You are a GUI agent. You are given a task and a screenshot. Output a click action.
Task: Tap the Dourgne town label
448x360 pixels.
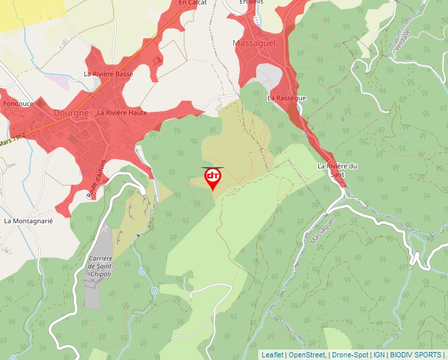point(71,113)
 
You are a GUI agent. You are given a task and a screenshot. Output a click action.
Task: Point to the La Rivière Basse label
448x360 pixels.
point(109,74)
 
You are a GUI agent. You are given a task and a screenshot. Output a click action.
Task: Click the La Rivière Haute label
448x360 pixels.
point(122,113)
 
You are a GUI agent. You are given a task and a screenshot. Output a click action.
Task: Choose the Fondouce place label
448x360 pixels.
point(18,104)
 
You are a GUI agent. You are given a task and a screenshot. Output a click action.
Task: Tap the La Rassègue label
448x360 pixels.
point(287,98)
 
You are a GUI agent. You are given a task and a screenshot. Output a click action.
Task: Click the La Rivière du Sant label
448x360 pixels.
point(337,170)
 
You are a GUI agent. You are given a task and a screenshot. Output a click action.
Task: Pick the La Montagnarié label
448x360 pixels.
point(28,221)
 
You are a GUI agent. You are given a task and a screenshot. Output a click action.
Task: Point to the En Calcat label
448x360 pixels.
point(193,3)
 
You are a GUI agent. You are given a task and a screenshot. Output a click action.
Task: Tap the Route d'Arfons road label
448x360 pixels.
point(96,179)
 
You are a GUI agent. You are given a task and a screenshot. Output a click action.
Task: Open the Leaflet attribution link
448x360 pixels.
point(272,355)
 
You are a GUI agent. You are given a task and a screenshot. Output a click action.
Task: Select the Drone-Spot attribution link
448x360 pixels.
point(350,355)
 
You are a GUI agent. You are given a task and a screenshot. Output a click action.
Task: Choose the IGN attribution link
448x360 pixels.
point(379,355)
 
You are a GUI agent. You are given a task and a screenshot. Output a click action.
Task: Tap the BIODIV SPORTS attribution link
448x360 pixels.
point(416,355)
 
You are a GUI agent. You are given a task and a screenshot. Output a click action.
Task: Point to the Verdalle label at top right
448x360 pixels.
point(401,41)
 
